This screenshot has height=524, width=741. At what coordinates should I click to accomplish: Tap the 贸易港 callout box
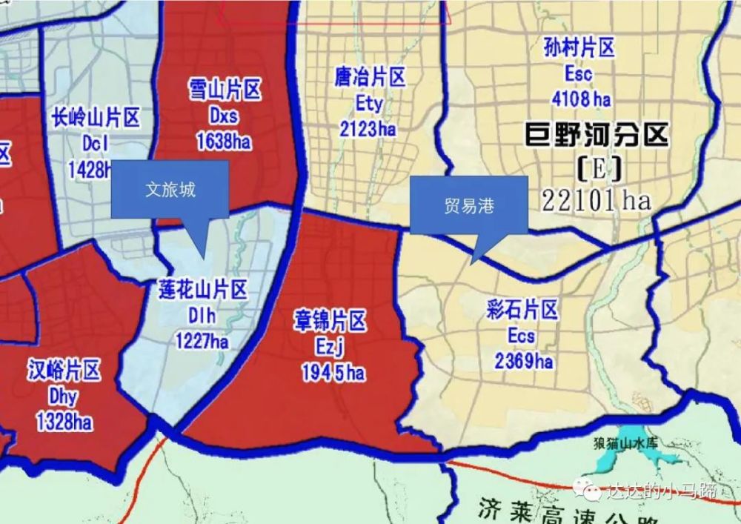pyautogui.click(x=468, y=206)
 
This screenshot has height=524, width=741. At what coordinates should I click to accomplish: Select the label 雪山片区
pyautogui.click(x=224, y=91)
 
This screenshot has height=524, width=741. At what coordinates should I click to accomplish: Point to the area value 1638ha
pyautogui.click(x=224, y=140)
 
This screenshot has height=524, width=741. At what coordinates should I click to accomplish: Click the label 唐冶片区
pyautogui.click(x=369, y=77)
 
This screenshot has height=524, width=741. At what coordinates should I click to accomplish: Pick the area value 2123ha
pyautogui.click(x=368, y=129)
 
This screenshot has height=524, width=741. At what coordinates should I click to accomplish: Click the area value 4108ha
pyautogui.click(x=582, y=98)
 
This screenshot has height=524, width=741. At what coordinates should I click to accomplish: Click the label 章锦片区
pyautogui.click(x=331, y=322)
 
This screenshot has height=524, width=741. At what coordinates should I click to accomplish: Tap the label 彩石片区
pyautogui.click(x=522, y=310)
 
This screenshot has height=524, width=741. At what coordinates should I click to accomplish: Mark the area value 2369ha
pyautogui.click(x=523, y=361)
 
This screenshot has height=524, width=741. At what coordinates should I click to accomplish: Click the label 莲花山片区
pyautogui.click(x=202, y=291)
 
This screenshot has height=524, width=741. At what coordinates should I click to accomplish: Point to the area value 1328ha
pyautogui.click(x=64, y=422)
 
